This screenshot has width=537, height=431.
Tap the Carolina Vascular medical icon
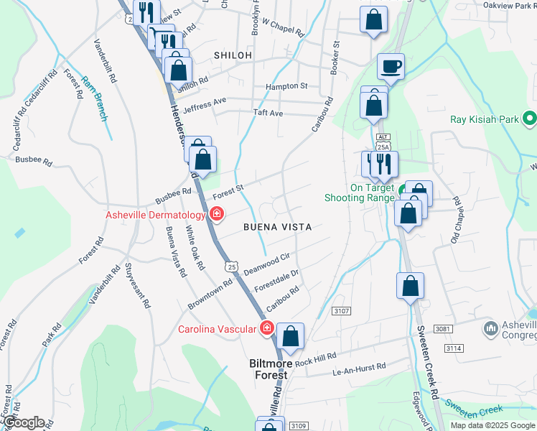(x=266, y=328)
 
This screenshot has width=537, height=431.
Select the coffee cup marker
(x=391, y=68)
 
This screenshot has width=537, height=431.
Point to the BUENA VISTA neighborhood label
(x=277, y=227)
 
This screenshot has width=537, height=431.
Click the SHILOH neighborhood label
(x=233, y=55)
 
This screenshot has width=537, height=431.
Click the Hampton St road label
(x=286, y=86)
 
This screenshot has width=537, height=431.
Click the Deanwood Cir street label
(x=266, y=264)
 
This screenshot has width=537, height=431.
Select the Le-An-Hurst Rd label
(x=359, y=367)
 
